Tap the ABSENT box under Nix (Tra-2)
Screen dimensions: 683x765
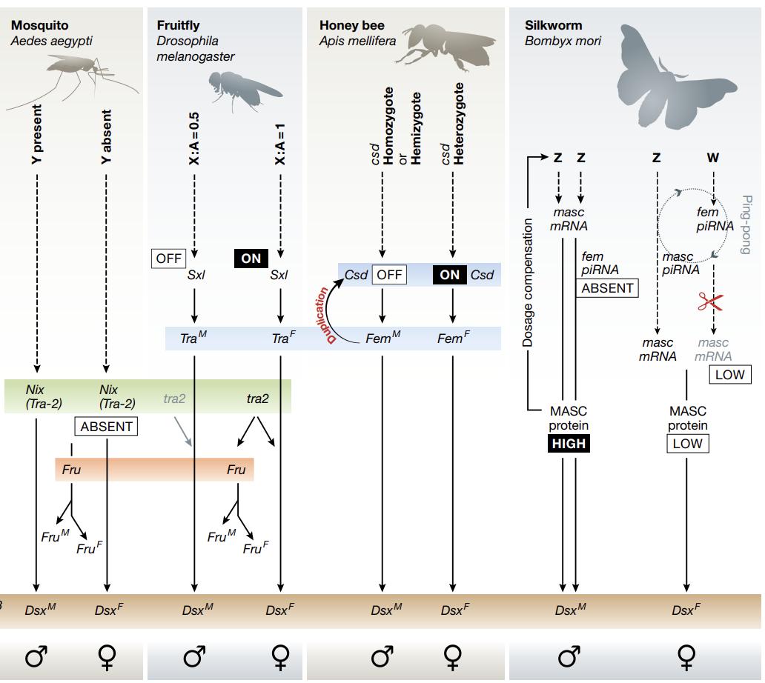tap(107, 426)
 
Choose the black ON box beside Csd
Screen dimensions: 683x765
tap(450, 274)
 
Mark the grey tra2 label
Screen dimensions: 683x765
tap(175, 399)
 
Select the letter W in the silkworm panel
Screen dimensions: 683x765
tap(713, 158)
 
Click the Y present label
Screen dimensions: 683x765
tap(36, 133)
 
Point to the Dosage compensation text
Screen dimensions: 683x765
tap(529, 281)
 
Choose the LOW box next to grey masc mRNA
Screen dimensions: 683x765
tap(729, 375)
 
